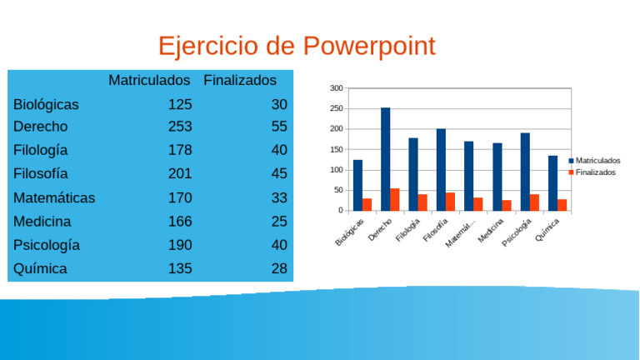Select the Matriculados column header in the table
click(x=150, y=81)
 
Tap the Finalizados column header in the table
click(x=239, y=81)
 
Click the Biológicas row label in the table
click(x=46, y=105)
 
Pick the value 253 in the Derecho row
click(x=180, y=127)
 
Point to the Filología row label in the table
click(x=41, y=151)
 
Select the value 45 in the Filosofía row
click(x=278, y=174)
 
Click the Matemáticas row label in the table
click(x=54, y=198)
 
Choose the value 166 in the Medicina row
click(x=180, y=222)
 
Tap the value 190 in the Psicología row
click(x=180, y=245)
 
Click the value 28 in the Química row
click(x=278, y=269)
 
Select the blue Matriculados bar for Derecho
click(x=386, y=159)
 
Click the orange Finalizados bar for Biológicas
click(x=367, y=204)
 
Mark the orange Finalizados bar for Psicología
click(x=534, y=202)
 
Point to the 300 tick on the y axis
click(x=336, y=88)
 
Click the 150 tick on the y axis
click(x=336, y=149)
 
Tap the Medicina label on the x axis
click(x=491, y=231)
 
